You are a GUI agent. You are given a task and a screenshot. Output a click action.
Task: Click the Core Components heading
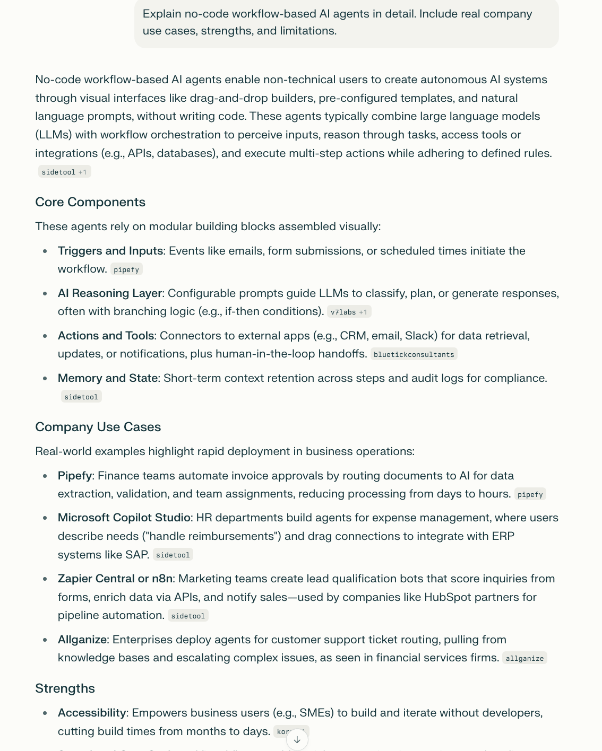pos(90,202)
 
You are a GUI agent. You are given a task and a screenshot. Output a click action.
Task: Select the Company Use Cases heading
pos(98,427)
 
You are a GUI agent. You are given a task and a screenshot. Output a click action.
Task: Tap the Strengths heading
pos(65,688)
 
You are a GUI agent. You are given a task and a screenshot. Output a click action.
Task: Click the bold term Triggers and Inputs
pos(110,251)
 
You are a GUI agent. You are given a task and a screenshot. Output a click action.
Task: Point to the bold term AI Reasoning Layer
pos(110,293)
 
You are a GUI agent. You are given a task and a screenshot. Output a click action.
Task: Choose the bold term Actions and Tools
pos(106,336)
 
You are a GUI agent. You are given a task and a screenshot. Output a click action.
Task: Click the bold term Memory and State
pos(108,378)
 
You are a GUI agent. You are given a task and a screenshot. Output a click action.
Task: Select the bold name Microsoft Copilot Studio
pos(124,518)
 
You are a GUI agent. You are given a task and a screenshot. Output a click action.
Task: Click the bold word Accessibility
pos(92,713)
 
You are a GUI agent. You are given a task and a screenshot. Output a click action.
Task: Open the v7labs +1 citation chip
pos(349,312)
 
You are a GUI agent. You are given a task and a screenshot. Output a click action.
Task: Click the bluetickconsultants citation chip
pos(414,354)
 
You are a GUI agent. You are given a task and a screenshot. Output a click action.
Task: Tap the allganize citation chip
pos(524,658)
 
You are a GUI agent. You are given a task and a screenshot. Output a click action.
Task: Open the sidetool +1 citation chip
pos(64,172)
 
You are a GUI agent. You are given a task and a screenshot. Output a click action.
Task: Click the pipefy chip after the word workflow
pos(126,269)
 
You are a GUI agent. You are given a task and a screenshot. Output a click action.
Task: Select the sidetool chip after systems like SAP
pos(173,555)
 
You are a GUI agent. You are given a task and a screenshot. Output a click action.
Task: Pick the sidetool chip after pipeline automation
pos(188,616)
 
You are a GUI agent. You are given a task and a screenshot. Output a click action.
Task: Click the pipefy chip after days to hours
pos(530,494)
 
